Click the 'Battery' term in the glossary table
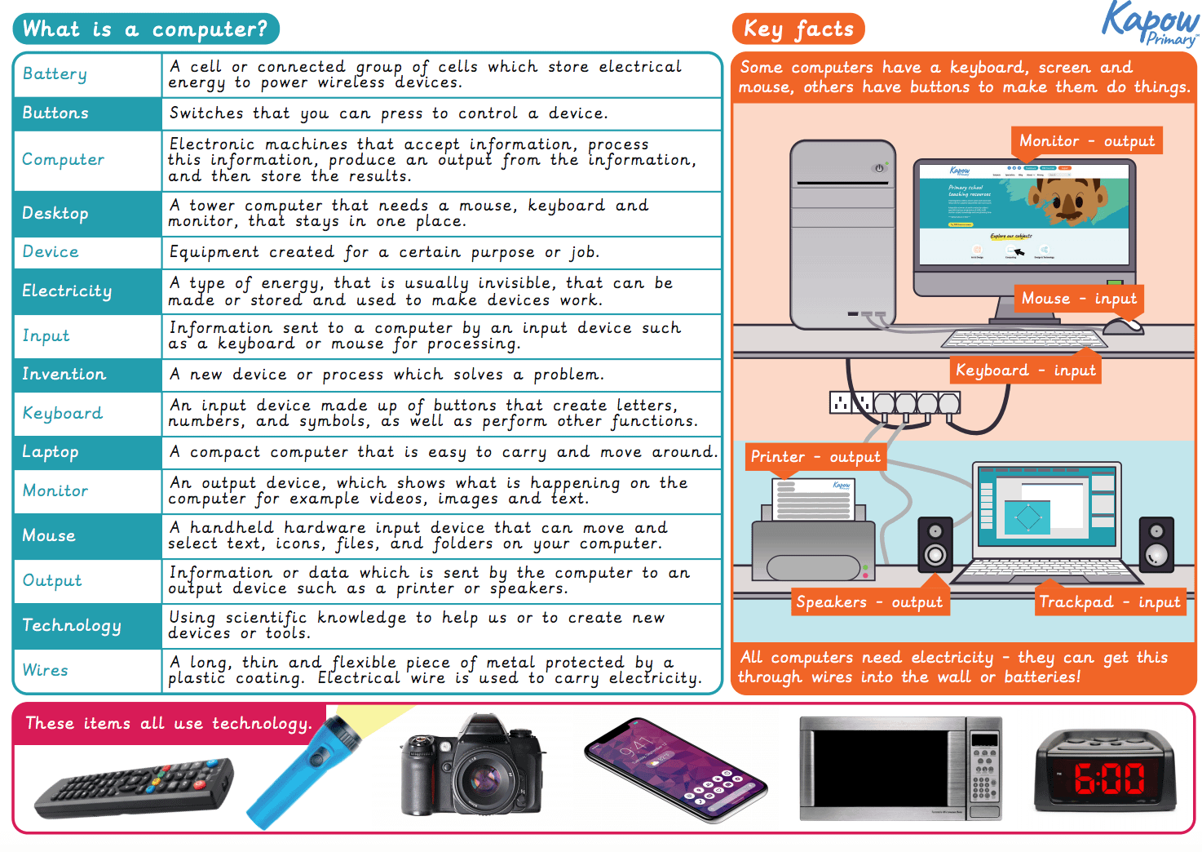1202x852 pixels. [55, 74]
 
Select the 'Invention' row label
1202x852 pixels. [64, 375]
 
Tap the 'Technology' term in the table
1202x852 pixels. [71, 626]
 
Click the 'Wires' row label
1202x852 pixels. [46, 671]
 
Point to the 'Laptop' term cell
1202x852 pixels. [51, 452]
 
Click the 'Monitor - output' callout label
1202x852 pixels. [1086, 141]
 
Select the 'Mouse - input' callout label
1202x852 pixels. [1078, 299]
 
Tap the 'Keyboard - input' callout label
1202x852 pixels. [1025, 371]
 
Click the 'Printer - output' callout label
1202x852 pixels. [815, 457]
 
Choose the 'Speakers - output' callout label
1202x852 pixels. [868, 602]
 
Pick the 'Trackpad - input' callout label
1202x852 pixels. [1109, 602]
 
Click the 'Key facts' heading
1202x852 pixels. [798, 29]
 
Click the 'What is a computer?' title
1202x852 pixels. [145, 29]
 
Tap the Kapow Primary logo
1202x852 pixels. [1149, 24]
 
